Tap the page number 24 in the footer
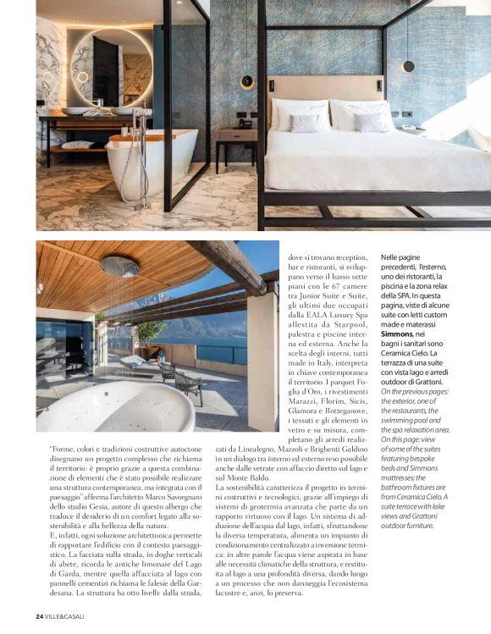click(40, 615)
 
